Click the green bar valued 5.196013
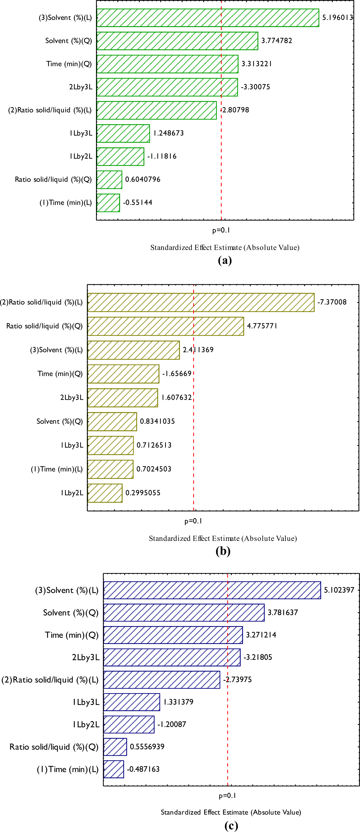208,18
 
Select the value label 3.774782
277,41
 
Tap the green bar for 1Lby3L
123,133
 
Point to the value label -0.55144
137,203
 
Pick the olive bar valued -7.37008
201,302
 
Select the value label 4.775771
262,326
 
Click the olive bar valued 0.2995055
105,493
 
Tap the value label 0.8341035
157,421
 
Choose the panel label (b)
223,551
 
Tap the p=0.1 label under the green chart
221,230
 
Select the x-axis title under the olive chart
223,538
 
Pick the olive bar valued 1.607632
123,398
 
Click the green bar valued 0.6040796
109,179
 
